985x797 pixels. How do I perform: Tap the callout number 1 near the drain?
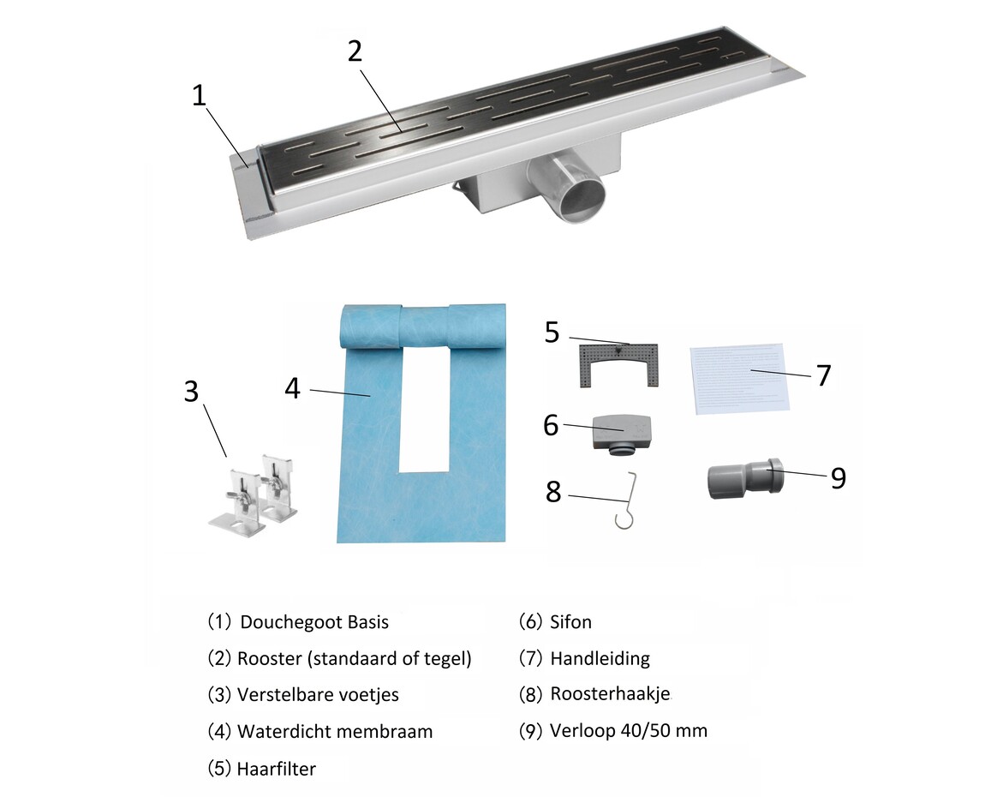click(x=200, y=95)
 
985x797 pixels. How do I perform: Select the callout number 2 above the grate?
click(x=355, y=51)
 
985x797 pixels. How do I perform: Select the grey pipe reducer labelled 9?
click(x=744, y=478)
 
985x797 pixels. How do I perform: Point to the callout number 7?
click(x=823, y=375)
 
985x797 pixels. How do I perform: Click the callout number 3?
click(x=190, y=392)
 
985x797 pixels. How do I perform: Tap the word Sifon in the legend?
click(x=570, y=622)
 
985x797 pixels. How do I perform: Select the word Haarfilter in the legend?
click(x=276, y=769)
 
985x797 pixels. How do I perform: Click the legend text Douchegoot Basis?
click(x=314, y=622)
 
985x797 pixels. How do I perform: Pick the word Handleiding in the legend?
click(x=600, y=658)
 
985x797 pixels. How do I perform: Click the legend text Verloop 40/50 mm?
click(x=629, y=731)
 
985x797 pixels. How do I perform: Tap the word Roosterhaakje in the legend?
click(x=610, y=694)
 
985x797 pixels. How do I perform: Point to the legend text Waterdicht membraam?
click(x=335, y=732)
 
